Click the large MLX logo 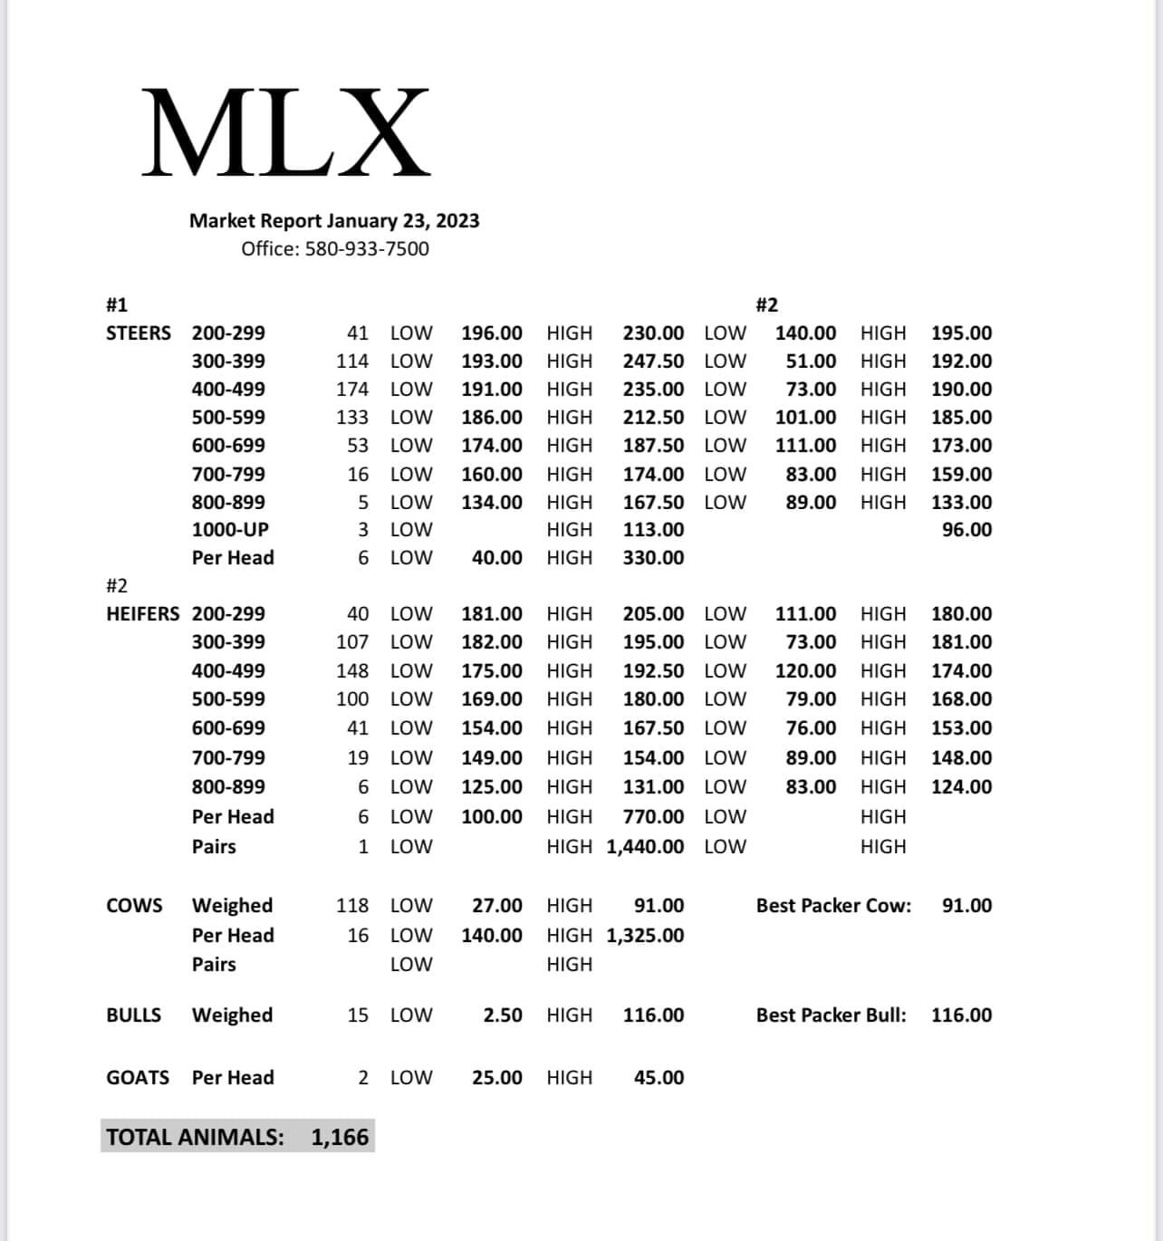coord(285,132)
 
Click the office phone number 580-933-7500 coord(367,249)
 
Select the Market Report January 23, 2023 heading coord(334,221)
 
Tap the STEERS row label coord(138,333)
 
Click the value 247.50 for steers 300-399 coord(653,361)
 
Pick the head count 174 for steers coord(352,390)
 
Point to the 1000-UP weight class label coord(230,530)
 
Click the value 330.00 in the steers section coord(653,558)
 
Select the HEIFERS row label coord(143,614)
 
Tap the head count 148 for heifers coord(352,671)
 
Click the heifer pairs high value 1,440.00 coord(645,847)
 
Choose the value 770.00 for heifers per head coord(653,817)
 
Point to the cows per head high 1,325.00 coord(645,936)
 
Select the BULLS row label coord(133,1015)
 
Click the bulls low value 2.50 coord(503,1015)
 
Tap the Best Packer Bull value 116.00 coord(961,1015)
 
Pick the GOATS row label coord(138,1078)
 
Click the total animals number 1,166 coord(340,1138)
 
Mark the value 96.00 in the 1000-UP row coord(966,530)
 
